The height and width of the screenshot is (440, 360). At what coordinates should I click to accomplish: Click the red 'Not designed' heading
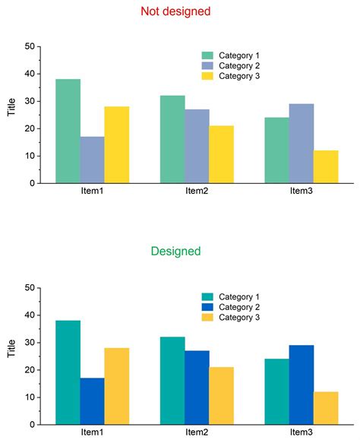click(175, 11)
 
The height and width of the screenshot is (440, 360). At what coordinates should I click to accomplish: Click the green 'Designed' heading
click(175, 251)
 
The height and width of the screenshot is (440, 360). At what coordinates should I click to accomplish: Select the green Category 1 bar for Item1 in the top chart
click(68, 131)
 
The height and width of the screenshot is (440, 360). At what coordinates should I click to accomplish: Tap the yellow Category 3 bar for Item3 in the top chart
click(326, 166)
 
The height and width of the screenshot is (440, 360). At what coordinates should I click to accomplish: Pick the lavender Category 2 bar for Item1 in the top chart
click(92, 160)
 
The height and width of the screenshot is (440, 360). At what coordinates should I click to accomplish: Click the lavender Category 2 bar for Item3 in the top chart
click(301, 144)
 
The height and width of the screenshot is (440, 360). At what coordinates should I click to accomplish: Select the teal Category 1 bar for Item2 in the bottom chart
click(172, 380)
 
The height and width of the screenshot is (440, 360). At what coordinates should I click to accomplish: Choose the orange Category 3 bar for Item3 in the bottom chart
click(326, 408)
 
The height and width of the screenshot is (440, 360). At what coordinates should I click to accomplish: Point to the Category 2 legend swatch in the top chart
click(207, 66)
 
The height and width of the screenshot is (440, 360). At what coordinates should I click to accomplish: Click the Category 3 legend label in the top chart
click(239, 77)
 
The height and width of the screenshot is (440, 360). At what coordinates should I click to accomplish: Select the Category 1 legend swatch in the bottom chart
click(207, 297)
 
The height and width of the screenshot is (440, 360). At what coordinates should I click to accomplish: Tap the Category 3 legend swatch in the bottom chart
click(207, 318)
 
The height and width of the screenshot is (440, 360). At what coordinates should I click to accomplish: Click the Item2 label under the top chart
click(197, 191)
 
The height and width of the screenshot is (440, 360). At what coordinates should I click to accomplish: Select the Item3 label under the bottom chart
click(301, 432)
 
